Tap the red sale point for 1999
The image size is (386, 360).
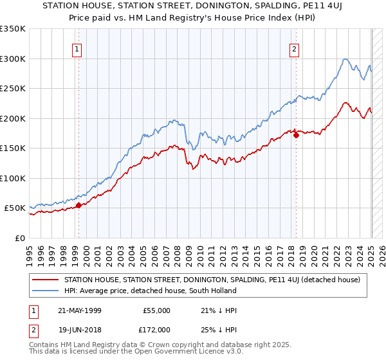click(78, 205)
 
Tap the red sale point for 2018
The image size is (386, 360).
click(295, 135)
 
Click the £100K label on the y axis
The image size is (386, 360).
click(13, 178)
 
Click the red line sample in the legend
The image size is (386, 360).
click(46, 280)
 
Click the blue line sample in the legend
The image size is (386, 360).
click(46, 291)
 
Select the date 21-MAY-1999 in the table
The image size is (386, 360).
click(80, 310)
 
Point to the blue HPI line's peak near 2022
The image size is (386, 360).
click(345, 59)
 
